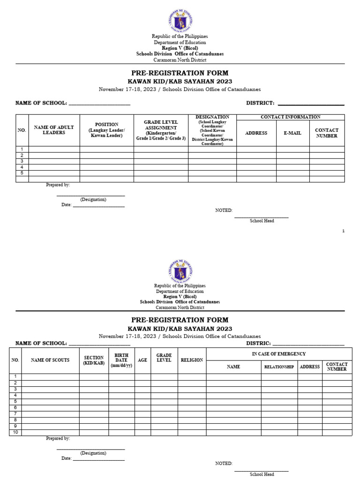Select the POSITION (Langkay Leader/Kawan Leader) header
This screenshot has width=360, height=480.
pos(107,130)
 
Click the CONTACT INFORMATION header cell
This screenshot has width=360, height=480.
pos(290,117)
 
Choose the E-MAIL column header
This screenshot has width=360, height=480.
pos(292,133)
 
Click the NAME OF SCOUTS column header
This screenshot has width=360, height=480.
pos(50,360)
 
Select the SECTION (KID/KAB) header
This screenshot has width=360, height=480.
pos(94,360)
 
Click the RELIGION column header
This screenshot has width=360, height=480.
pos(191,360)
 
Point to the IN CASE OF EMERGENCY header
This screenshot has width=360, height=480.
pos(278,354)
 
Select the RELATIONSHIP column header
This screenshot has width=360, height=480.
pos(279,367)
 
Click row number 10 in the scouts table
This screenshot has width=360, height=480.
pos(15,432)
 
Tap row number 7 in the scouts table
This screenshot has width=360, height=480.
pos(15,413)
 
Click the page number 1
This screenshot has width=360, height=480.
pos(343,231)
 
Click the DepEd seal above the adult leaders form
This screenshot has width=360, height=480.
pos(180,21)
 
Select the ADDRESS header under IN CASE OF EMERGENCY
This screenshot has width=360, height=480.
pos(310,367)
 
